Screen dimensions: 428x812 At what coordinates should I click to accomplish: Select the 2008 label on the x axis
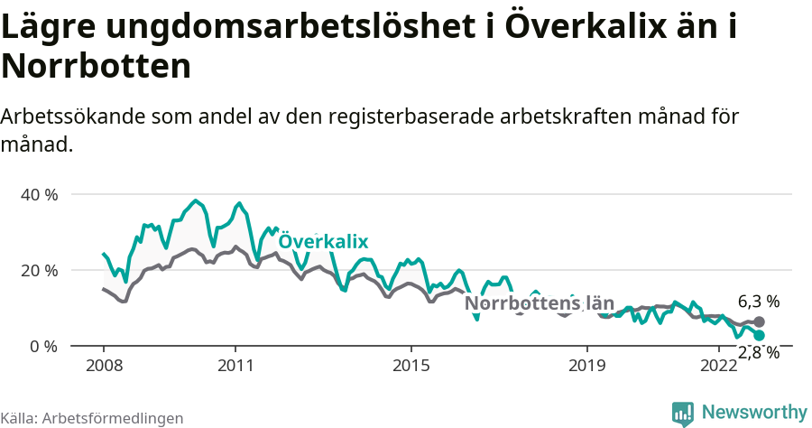coord(104,366)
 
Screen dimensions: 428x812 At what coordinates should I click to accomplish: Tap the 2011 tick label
coord(235,366)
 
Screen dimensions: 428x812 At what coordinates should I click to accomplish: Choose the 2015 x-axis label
coord(411,366)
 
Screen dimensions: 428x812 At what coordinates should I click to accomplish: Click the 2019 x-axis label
coord(587,366)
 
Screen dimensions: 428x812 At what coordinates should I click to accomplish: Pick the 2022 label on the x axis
coord(719,366)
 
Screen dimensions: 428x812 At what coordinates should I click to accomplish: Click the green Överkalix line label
coord(323,241)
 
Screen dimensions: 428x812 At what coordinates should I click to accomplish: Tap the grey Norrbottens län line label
coord(539,303)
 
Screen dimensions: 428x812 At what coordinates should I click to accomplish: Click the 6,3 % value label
coord(758,302)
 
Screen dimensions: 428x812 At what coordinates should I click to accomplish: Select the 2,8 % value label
coord(758,353)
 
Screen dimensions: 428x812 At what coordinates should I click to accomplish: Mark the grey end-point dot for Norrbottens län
coord(759,322)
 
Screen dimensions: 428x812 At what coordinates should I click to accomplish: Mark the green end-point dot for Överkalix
coord(759,335)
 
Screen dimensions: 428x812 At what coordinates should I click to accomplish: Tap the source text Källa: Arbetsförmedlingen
coord(92,418)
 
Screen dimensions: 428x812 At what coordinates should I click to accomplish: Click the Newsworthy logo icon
coord(683,414)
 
